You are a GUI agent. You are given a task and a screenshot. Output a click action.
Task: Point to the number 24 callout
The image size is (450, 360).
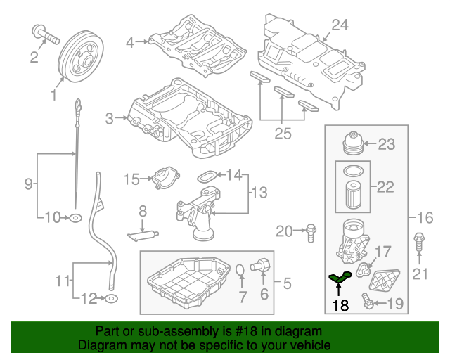click(340, 25)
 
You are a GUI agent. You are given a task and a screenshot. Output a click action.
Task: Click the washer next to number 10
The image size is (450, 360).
click(74, 218)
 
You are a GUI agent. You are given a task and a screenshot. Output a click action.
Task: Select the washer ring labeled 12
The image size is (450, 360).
click(110, 300)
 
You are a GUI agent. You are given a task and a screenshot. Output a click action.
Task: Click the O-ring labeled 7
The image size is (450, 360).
click(240, 271)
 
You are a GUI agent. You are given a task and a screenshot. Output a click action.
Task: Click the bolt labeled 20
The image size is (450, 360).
click(311, 229)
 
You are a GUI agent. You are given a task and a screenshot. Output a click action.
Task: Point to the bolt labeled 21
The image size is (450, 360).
click(420, 242)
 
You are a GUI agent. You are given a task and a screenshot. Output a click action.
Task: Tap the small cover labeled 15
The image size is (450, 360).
click(164, 176)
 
